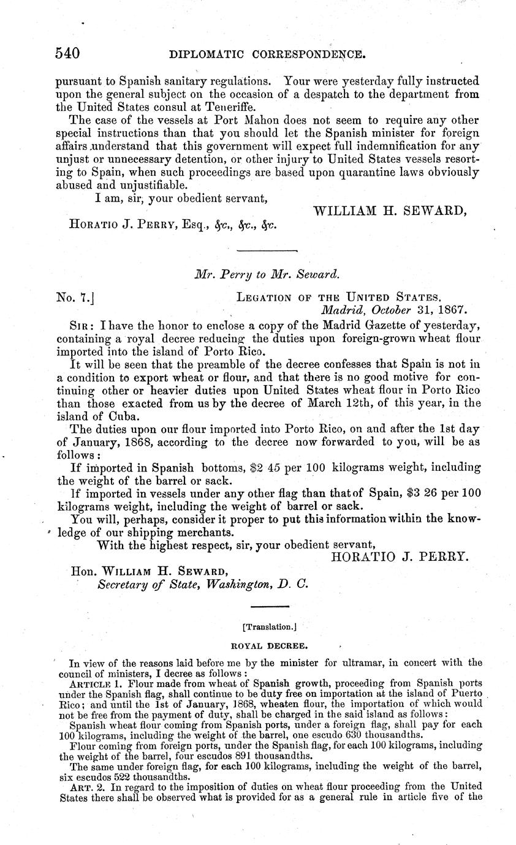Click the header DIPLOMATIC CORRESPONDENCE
(x=267, y=54)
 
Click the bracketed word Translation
(x=269, y=627)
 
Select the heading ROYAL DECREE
(x=268, y=645)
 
